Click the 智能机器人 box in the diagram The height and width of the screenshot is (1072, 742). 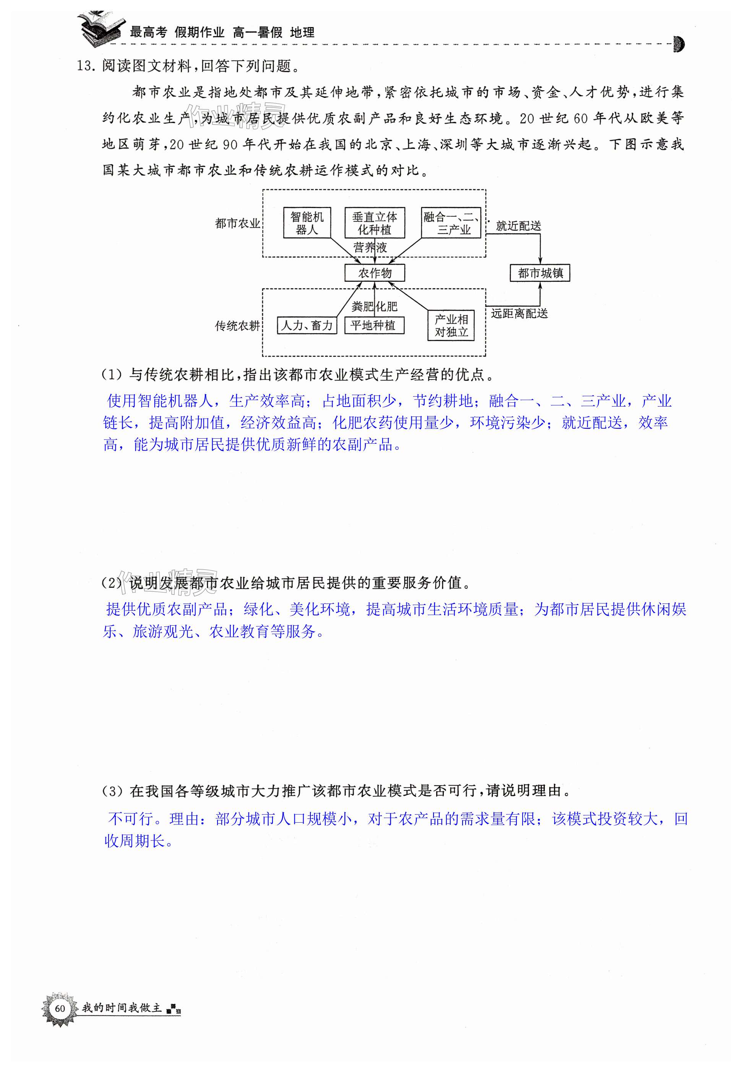pyautogui.click(x=307, y=223)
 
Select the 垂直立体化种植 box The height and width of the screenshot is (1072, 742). pyautogui.click(x=374, y=223)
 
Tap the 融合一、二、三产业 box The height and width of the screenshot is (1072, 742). pyautogui.click(x=451, y=223)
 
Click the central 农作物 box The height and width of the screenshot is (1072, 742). pyautogui.click(x=374, y=273)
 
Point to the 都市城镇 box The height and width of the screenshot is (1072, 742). pyautogui.click(x=540, y=273)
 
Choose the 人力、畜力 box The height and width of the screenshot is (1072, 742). pyautogui.click(x=307, y=325)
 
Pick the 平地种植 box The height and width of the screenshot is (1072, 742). pyautogui.click(x=374, y=325)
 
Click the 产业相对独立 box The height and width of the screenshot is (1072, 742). pyautogui.click(x=451, y=325)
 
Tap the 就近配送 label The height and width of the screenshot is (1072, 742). pyautogui.click(x=518, y=226)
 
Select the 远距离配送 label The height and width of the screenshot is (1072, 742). pyautogui.click(x=519, y=314)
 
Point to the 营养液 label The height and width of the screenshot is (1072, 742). pyautogui.click(x=370, y=247)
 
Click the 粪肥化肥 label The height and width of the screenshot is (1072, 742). pyautogui.click(x=374, y=306)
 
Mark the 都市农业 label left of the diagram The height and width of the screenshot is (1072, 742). pyautogui.click(x=237, y=224)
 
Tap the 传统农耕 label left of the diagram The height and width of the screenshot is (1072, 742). pyautogui.click(x=237, y=326)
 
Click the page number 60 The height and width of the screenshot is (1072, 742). pyautogui.click(x=60, y=1008)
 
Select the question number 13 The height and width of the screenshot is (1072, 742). pyautogui.click(x=86, y=66)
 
